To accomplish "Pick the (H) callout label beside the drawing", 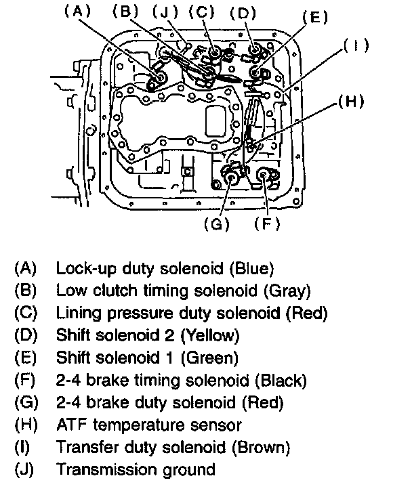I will click(350, 103).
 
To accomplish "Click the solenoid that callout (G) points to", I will click(232, 179).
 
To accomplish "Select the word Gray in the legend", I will click(288, 291).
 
